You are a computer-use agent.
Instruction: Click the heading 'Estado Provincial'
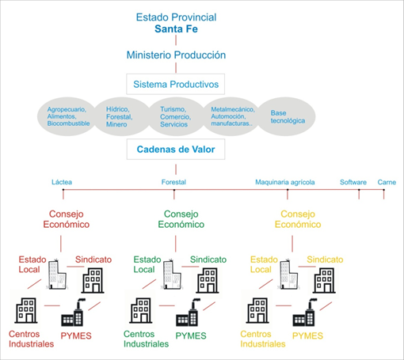point(176,16)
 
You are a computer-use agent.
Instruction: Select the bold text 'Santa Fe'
point(176,29)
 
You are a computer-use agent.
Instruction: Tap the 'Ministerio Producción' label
point(176,55)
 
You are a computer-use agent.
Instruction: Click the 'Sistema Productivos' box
point(176,83)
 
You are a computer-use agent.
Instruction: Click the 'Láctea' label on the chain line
point(61,181)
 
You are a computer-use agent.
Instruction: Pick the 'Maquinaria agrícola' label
point(284,181)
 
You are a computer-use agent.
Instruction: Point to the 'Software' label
point(353,181)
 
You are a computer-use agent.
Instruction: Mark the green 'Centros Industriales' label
point(146,339)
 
